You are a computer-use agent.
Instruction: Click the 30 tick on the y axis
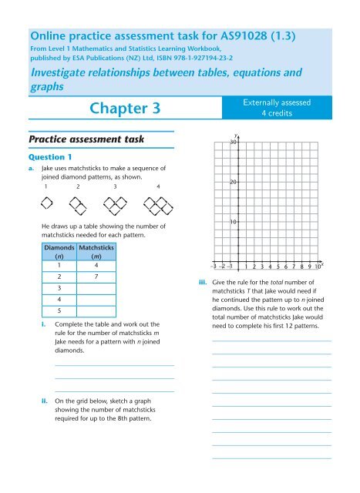point(232,143)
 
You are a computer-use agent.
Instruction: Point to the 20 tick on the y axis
point(232,182)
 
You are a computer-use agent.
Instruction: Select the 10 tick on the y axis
point(232,222)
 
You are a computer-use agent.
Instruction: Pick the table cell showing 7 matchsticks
point(93,277)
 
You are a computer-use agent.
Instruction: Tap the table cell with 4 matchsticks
point(93,264)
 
